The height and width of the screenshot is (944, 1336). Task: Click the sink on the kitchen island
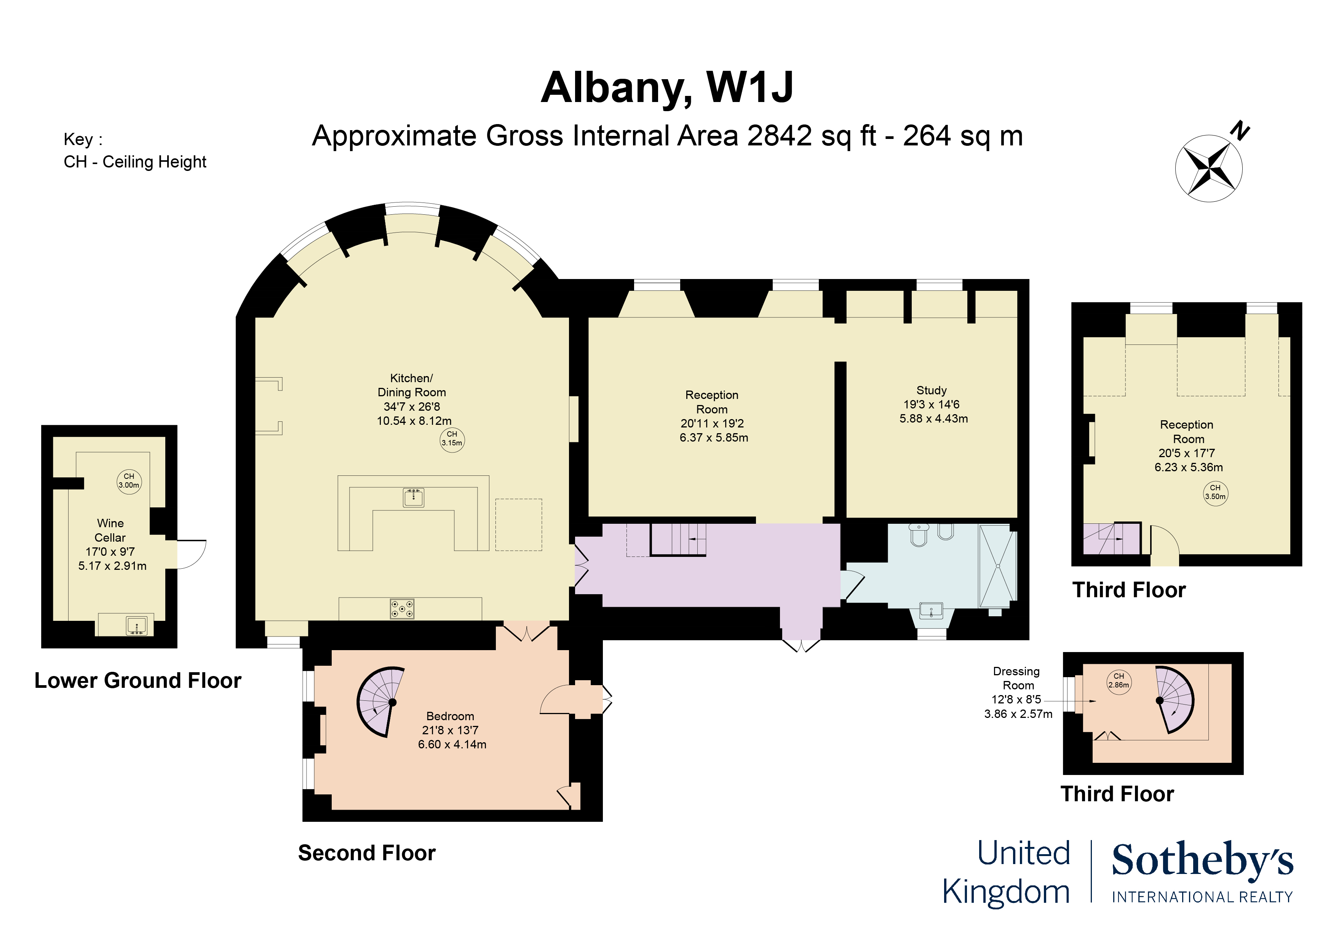[414, 497]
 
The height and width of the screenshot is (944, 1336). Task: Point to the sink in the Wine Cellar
[137, 626]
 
